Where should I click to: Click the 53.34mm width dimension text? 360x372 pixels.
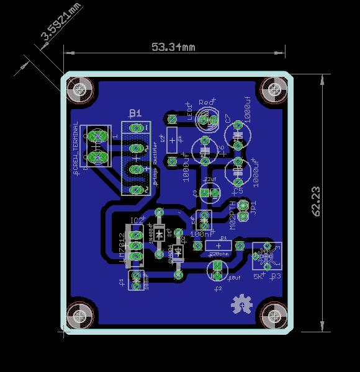pos(173,47)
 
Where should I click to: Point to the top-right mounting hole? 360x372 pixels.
pos(271,91)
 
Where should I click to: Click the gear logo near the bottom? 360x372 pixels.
pos(240,304)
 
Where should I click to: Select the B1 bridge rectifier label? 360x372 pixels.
pos(135,113)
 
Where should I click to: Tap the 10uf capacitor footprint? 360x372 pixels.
pos(217,269)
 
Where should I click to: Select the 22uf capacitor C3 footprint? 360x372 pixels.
pos(210,193)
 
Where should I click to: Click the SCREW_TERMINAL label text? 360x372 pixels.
pos(76,146)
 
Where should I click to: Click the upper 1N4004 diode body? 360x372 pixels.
pos(160,234)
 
